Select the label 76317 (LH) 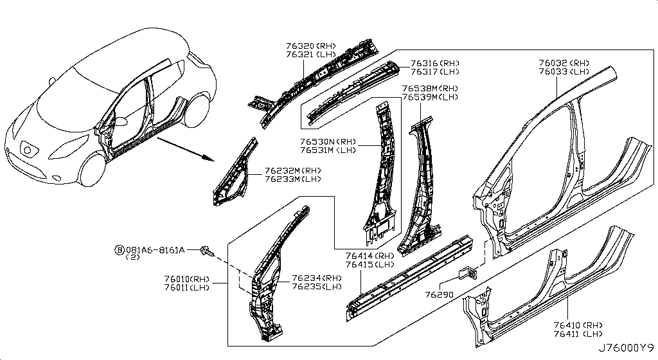435,72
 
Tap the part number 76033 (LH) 564,72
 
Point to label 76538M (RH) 430,89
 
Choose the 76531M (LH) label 328,150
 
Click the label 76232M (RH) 293,171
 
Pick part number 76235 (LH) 317,287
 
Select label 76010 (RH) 187,280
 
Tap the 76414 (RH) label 369,256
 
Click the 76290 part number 440,295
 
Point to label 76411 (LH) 578,334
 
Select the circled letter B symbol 120,251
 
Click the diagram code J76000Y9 626,348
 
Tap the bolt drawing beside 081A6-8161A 208,251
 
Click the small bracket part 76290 468,272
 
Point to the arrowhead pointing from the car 208,158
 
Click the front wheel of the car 92,170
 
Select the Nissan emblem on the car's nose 28,149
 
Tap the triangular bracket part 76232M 235,173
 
